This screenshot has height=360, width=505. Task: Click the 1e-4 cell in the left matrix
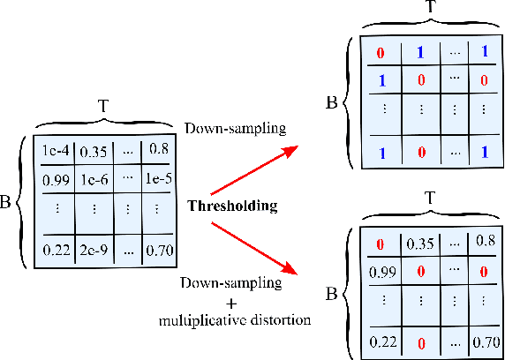(x=54, y=150)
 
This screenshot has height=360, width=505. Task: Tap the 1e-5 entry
(x=160, y=181)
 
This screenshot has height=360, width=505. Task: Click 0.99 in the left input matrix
(x=54, y=181)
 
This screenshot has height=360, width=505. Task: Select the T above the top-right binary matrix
(x=428, y=8)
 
